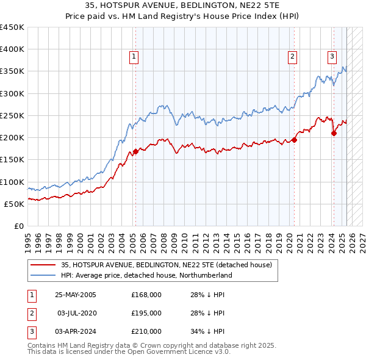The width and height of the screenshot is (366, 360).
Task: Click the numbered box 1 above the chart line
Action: point(134,57)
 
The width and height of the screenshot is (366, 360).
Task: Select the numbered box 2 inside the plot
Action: point(293,57)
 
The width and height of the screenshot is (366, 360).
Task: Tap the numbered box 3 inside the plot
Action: point(332,57)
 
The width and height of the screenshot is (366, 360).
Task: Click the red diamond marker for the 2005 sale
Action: point(135,152)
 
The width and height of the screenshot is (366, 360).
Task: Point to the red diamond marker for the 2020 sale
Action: point(295,140)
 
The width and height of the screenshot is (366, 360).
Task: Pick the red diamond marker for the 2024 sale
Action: point(334,133)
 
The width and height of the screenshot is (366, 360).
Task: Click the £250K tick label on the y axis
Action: point(12,115)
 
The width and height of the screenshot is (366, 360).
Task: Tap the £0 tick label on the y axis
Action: point(19,226)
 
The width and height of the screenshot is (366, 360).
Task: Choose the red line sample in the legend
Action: point(43,265)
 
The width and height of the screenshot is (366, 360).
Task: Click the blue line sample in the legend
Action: point(43,275)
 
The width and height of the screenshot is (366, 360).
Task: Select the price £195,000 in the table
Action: point(146,313)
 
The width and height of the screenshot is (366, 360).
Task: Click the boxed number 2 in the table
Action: point(30,313)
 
